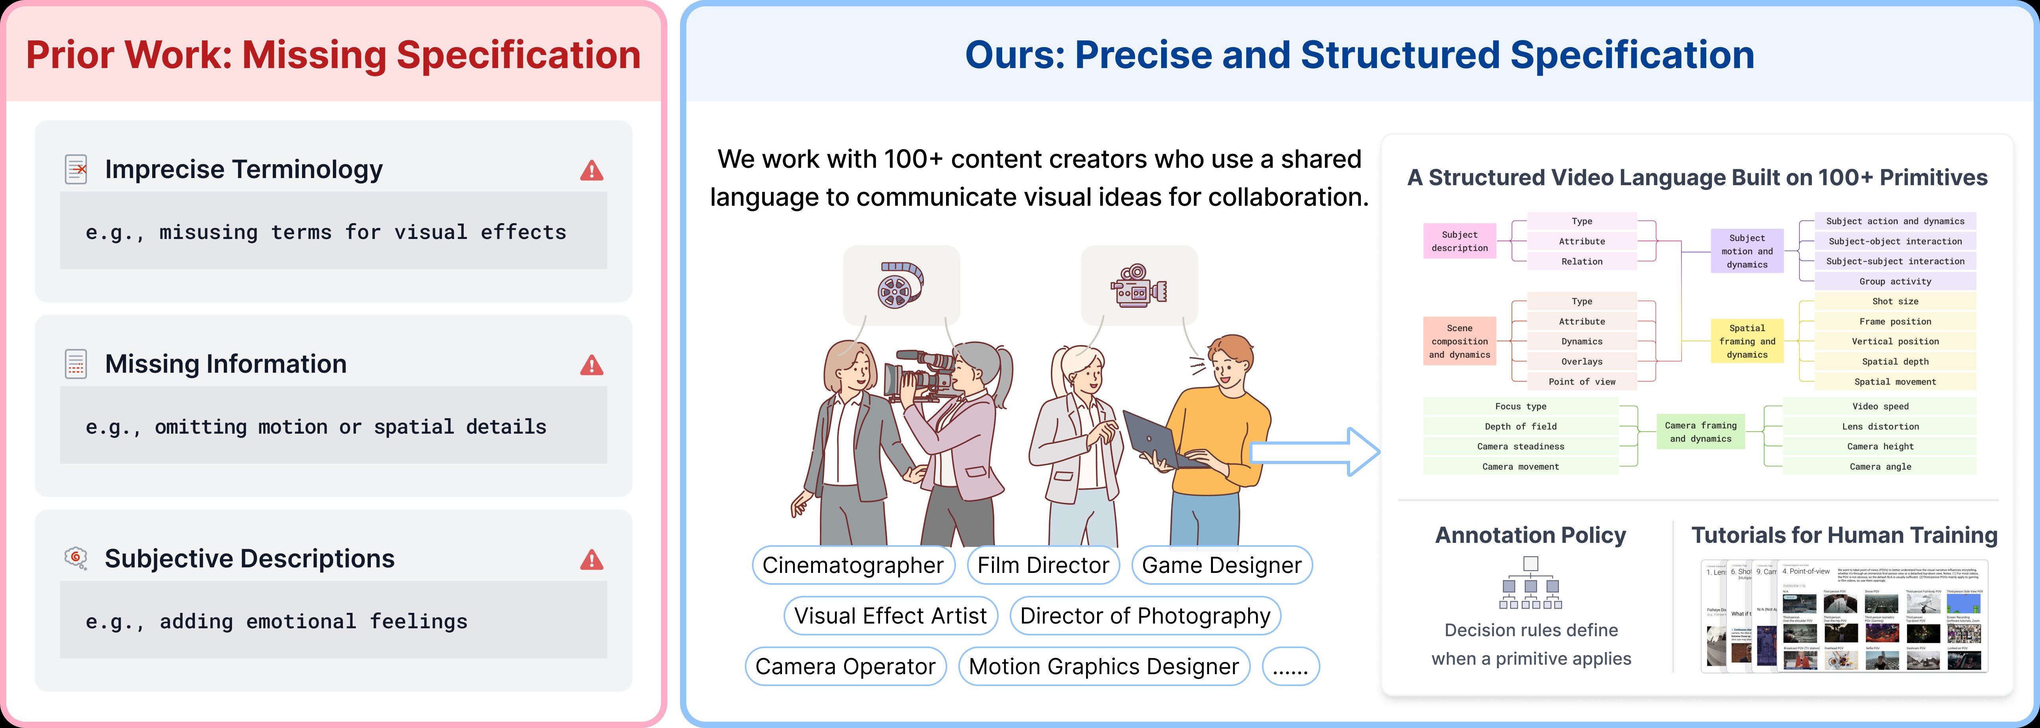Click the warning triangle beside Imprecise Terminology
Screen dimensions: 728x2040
591,170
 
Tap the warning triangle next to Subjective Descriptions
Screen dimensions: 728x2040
591,560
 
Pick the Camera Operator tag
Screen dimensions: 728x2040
845,666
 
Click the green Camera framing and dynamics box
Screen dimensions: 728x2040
1700,432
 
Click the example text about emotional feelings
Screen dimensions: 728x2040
276,621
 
